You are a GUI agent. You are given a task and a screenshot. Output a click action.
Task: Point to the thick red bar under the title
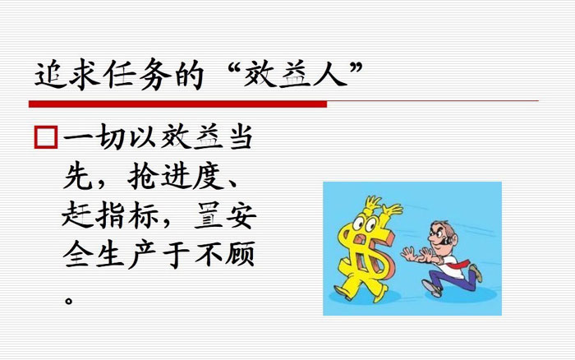tap(177, 104)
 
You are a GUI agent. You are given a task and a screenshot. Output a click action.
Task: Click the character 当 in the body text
tap(240, 138)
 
